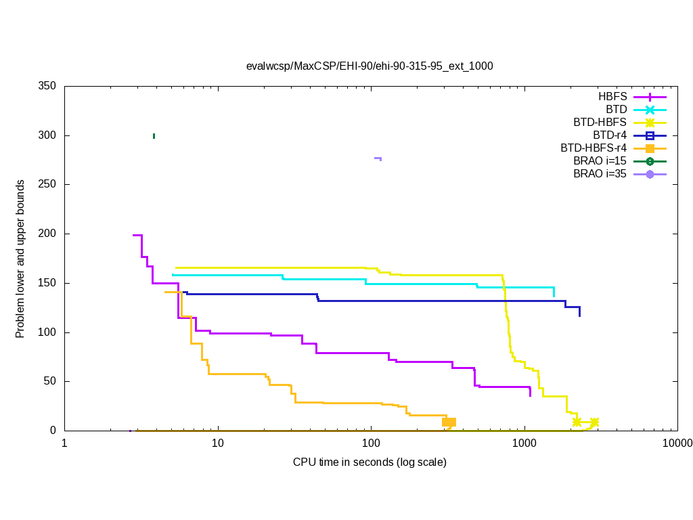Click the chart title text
click(x=370, y=66)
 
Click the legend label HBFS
click(x=612, y=97)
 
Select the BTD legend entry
click(x=617, y=110)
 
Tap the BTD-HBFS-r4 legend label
click(x=594, y=148)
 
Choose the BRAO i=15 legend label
click(x=600, y=161)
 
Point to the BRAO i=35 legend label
click(x=600, y=174)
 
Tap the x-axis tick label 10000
click(x=677, y=444)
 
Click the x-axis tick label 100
click(x=371, y=444)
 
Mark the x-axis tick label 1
click(x=64, y=444)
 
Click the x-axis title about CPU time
click(x=370, y=462)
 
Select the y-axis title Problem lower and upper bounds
click(x=20, y=259)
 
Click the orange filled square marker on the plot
click(x=449, y=422)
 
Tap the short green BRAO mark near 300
click(x=154, y=136)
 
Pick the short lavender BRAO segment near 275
click(x=378, y=158)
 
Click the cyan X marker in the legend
click(x=650, y=110)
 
